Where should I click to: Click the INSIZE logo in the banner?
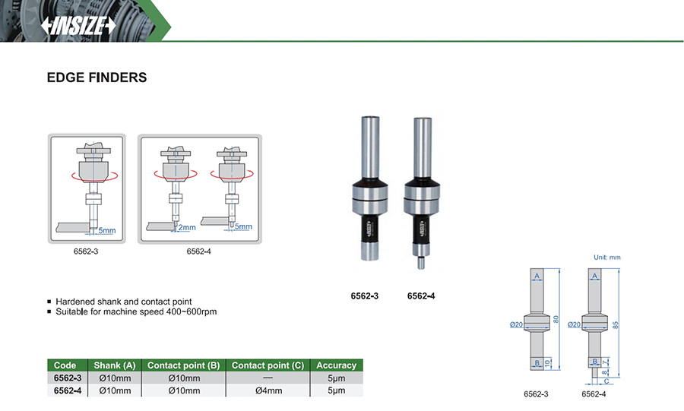pos(78,26)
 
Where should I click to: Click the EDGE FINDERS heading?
pos(97,77)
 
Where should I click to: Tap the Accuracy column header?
pos(337,365)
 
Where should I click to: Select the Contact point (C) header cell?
pos(268,365)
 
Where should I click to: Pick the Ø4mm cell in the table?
pos(268,390)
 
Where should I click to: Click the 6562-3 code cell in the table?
pos(68,378)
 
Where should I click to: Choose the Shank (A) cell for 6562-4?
pos(115,390)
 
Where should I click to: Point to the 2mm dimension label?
pos(187,227)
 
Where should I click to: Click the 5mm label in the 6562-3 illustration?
pos(107,230)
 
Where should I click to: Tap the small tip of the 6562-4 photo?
pos(421,264)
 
